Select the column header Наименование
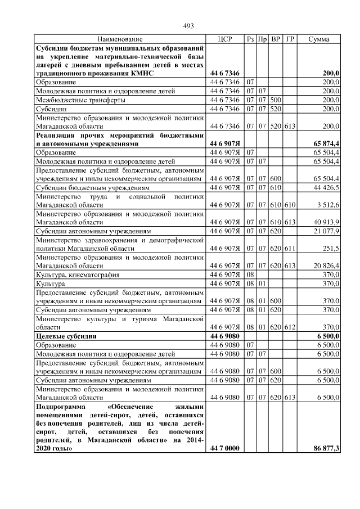click(x=120, y=39)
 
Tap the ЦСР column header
click(x=224, y=39)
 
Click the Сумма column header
click(x=319, y=39)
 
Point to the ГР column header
click(x=290, y=39)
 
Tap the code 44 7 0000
click(x=224, y=449)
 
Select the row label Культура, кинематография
click(x=76, y=274)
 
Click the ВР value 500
click(x=276, y=100)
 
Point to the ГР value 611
click(x=290, y=248)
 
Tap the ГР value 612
click(x=290, y=327)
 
